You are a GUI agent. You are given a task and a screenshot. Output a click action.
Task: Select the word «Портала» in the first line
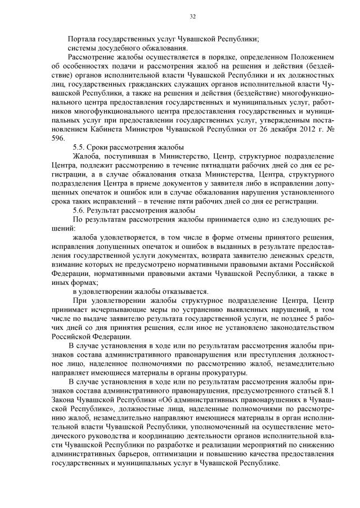[x=80, y=39]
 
